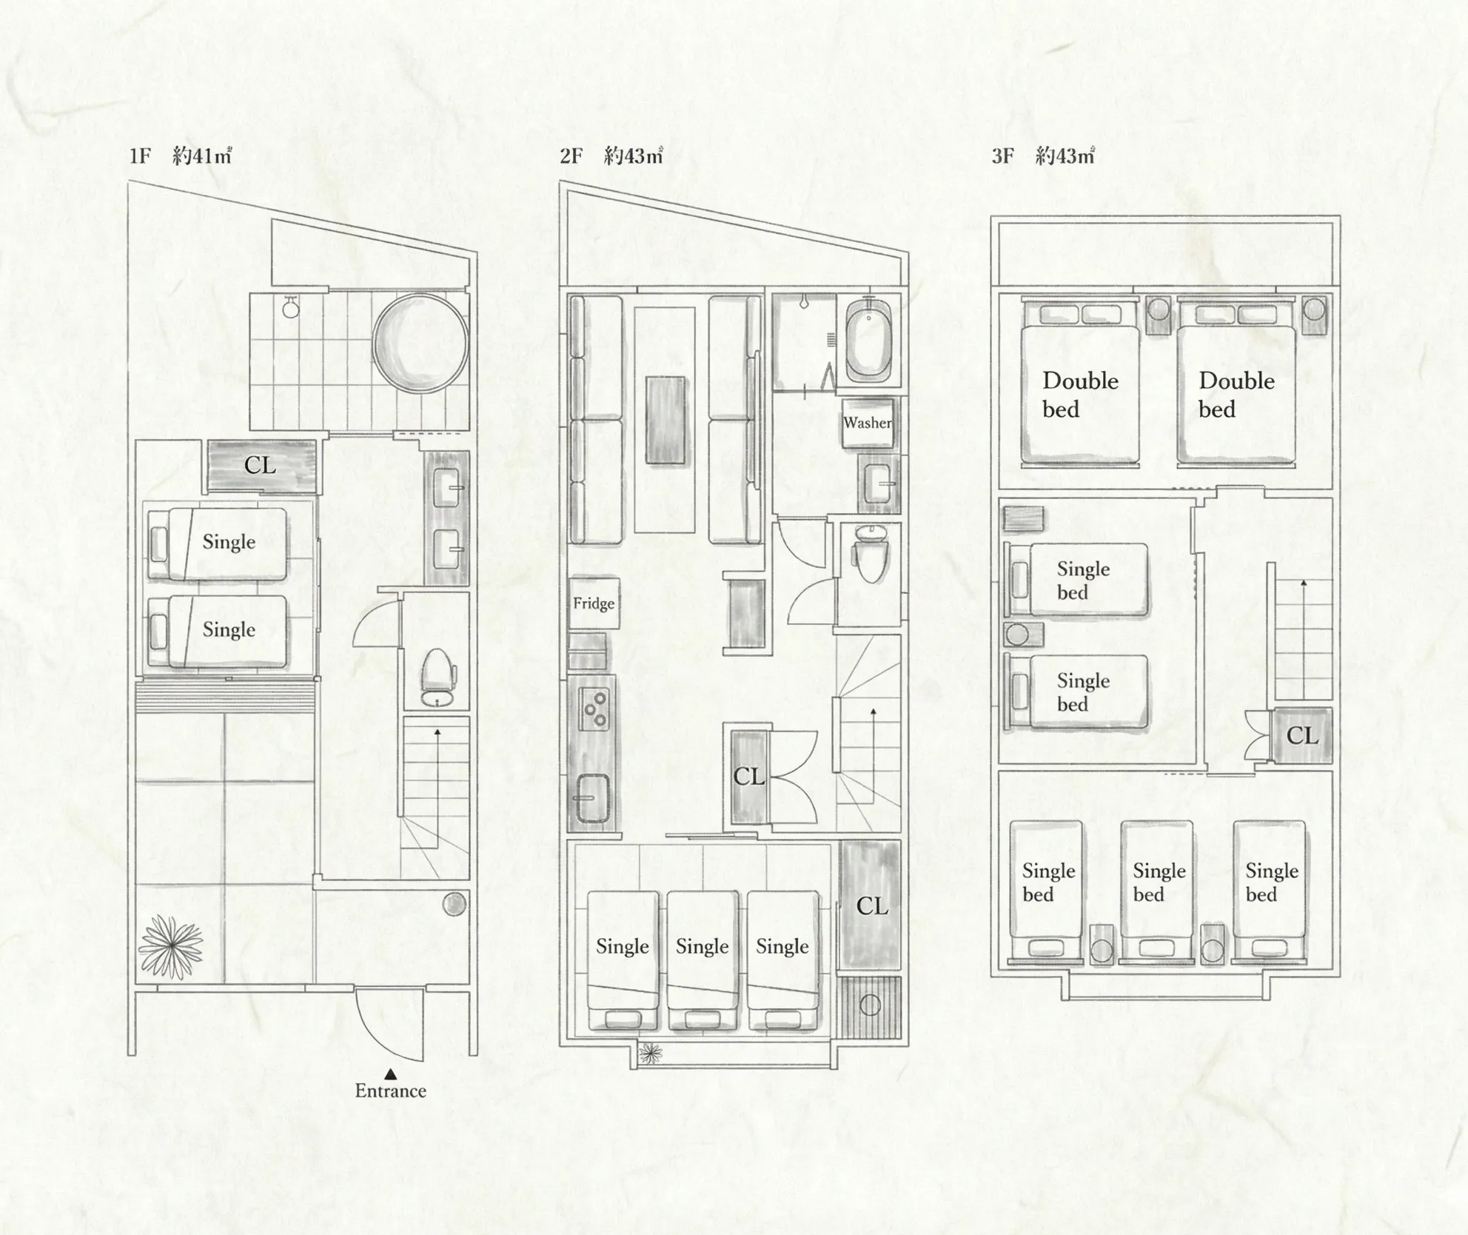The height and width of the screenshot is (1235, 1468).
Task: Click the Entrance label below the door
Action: coord(390,1091)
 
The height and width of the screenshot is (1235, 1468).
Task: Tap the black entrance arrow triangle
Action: coord(390,1074)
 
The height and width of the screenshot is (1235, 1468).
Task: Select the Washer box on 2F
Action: coord(868,423)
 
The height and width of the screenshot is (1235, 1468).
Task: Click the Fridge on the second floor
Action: coord(594,603)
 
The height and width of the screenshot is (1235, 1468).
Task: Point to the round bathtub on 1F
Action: coord(420,343)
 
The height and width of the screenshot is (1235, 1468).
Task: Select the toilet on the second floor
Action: coord(870,554)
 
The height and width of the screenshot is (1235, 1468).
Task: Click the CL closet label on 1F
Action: coord(260,466)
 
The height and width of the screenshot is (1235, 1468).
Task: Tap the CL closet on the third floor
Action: coord(1302,735)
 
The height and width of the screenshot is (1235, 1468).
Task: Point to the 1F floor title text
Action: coord(181,155)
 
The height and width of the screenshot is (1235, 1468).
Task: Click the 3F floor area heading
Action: coord(1042,155)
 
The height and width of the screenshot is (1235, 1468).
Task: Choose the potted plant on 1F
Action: coord(171,946)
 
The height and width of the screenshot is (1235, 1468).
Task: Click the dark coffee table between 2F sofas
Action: coord(666,421)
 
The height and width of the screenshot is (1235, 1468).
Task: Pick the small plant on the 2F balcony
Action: coord(650,1052)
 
